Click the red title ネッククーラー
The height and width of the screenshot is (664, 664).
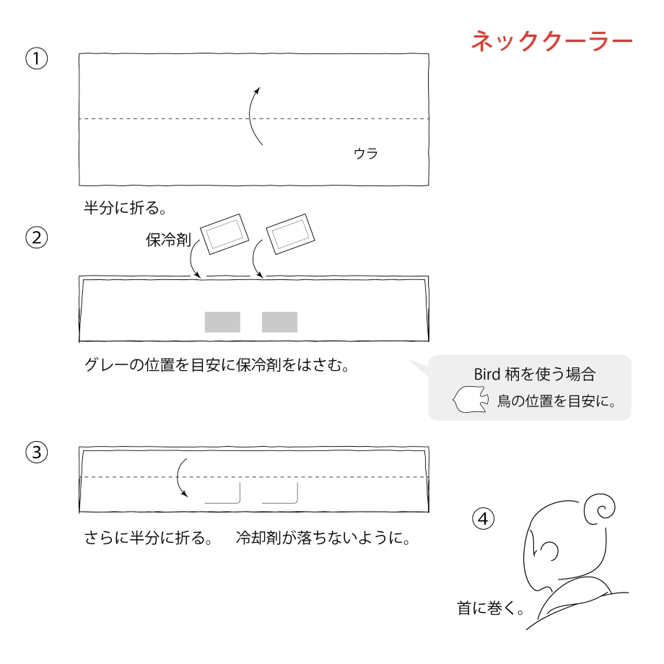tap(552, 41)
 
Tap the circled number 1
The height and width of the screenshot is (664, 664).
tap(36, 58)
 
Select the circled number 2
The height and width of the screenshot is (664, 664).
tap(36, 237)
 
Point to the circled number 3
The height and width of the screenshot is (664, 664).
tap(36, 452)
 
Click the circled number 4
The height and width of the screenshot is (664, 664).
tap(483, 519)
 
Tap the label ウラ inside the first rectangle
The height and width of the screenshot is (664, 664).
tap(366, 153)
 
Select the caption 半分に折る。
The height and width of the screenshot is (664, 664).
tap(126, 208)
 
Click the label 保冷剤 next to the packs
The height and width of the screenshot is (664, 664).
tap(168, 240)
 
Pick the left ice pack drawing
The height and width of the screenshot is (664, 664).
tap(224, 234)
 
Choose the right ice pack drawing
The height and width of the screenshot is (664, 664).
tap(290, 234)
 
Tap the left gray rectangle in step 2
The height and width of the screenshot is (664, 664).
tap(222, 323)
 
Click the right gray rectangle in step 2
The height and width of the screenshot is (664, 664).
tap(279, 323)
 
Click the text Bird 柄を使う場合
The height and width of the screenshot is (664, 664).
tap(535, 374)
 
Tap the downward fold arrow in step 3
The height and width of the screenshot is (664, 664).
tap(178, 477)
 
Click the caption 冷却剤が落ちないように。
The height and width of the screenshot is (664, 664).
tap(323, 538)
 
